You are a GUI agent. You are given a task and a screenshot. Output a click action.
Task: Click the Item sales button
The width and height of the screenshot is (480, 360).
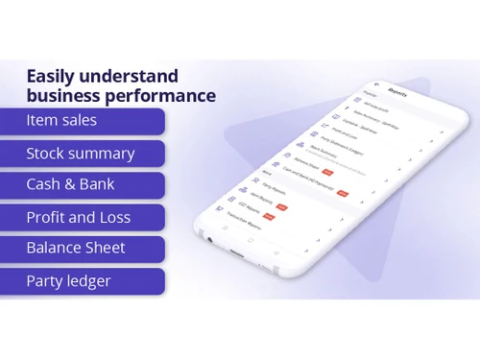(x=83, y=121)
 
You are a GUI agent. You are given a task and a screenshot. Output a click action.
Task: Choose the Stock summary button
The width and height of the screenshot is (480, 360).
(x=83, y=154)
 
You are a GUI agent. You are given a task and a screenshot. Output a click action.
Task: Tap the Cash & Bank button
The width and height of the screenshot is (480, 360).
(x=83, y=185)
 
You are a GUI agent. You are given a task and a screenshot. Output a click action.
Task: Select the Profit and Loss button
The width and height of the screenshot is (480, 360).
(x=83, y=218)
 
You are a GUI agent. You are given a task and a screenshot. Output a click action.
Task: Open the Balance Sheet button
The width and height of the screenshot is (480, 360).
(x=83, y=249)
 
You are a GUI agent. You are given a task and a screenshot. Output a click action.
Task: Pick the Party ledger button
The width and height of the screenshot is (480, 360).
(x=83, y=281)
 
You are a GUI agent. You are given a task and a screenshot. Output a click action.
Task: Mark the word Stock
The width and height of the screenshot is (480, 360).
(x=45, y=154)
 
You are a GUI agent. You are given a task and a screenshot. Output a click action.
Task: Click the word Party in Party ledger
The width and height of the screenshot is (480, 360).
(x=46, y=282)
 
